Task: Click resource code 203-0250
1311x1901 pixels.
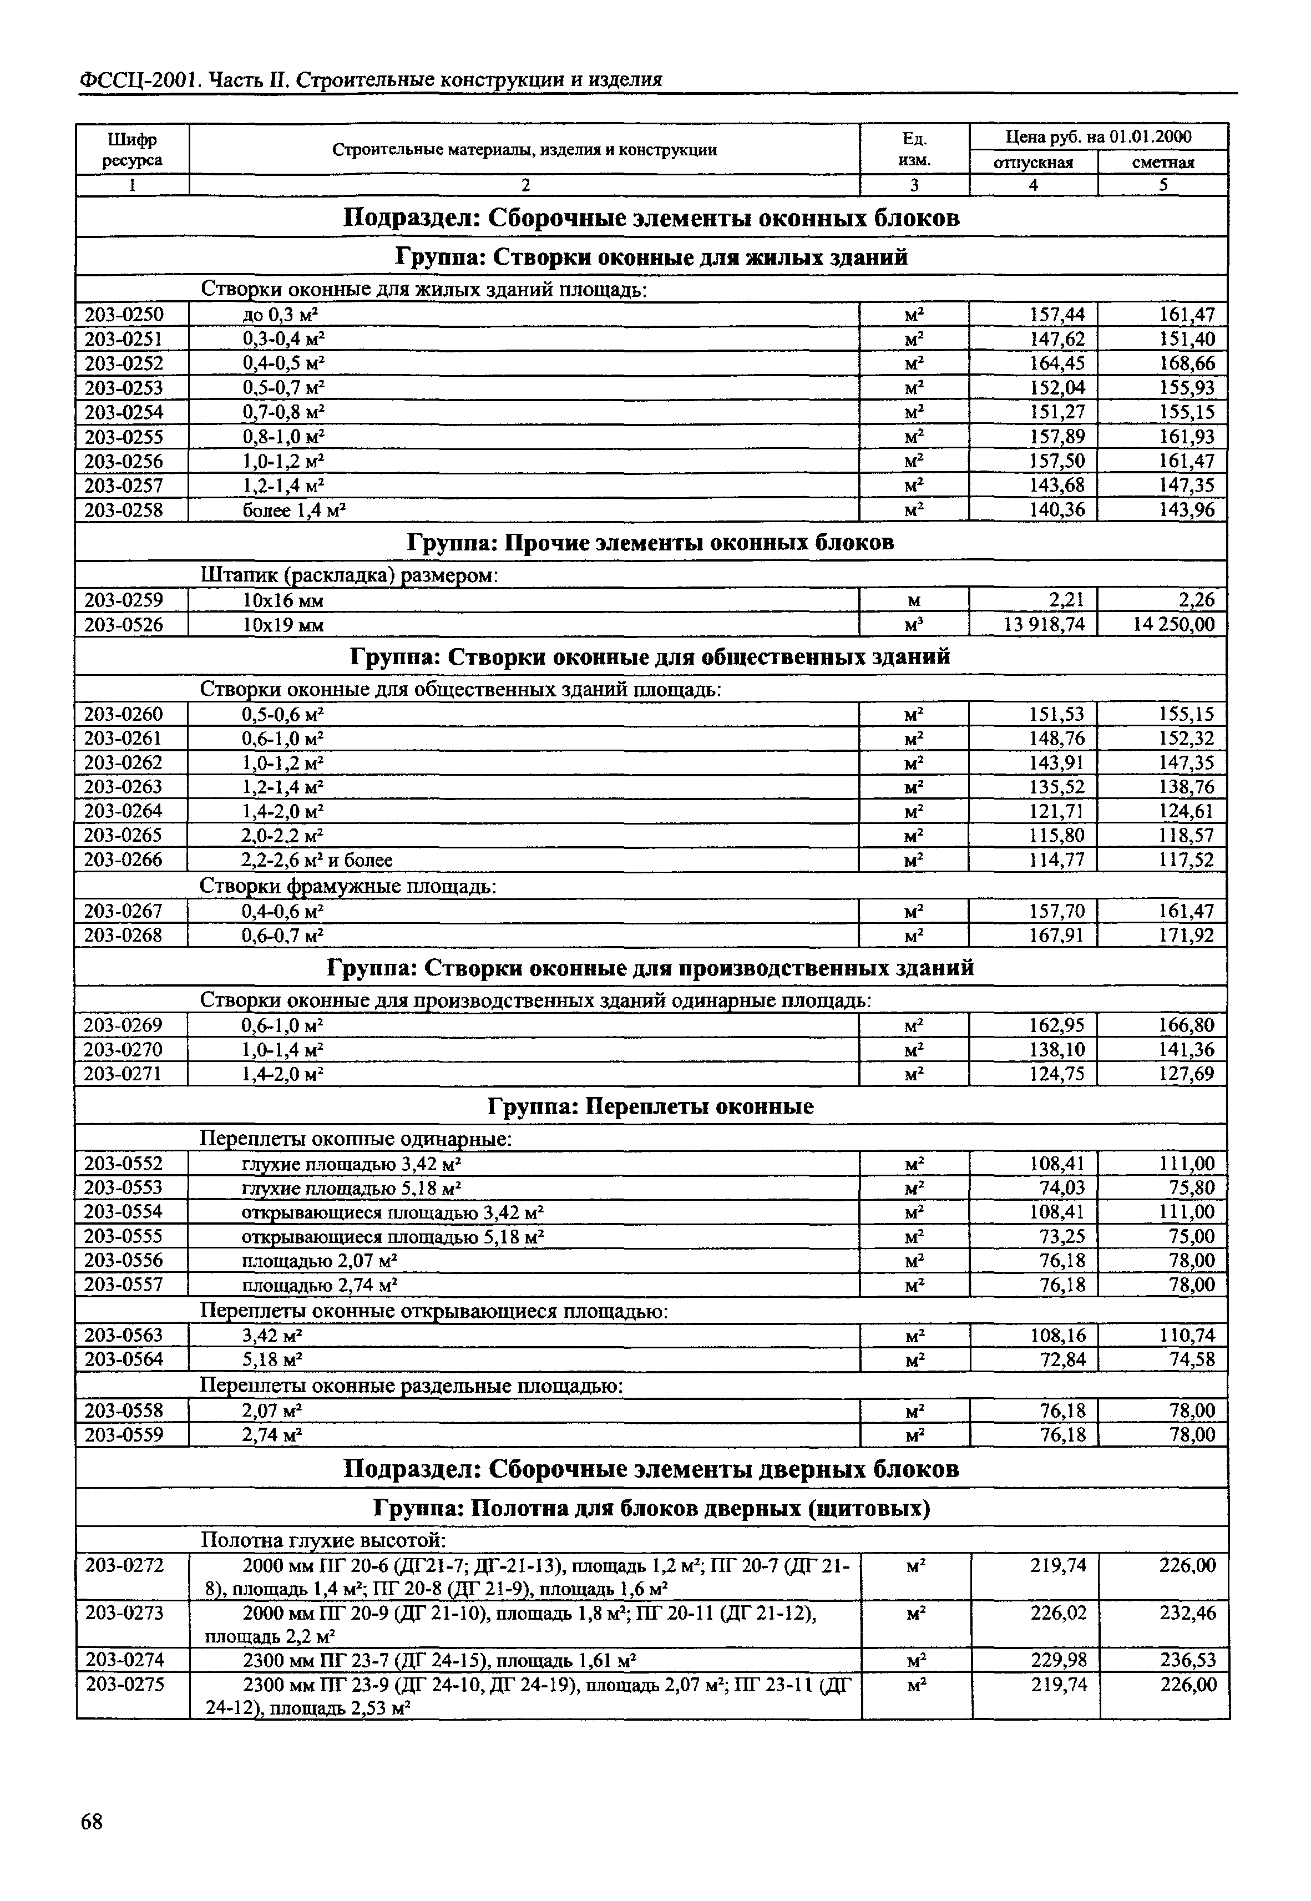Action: (124, 314)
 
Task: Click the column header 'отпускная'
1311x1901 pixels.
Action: (1034, 163)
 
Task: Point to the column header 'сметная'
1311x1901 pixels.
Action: (1163, 163)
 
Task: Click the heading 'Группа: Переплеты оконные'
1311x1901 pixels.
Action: (651, 1106)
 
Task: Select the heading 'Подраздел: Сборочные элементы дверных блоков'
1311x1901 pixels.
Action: (651, 1468)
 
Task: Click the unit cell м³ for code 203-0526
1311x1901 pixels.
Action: (914, 624)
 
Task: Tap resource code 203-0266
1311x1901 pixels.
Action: (124, 860)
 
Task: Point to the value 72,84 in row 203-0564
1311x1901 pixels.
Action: (1062, 1359)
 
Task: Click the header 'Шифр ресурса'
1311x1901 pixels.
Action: (132, 149)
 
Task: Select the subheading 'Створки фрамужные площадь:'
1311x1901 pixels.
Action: (348, 887)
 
